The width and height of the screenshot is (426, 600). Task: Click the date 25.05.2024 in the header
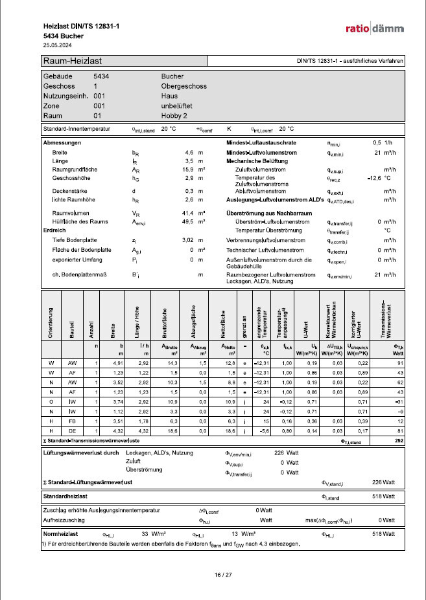coord(57,46)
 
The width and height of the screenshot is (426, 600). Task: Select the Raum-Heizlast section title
coord(71,61)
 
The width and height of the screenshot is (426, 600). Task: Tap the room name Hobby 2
coord(174,115)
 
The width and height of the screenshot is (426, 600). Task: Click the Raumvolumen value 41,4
coord(189,213)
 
